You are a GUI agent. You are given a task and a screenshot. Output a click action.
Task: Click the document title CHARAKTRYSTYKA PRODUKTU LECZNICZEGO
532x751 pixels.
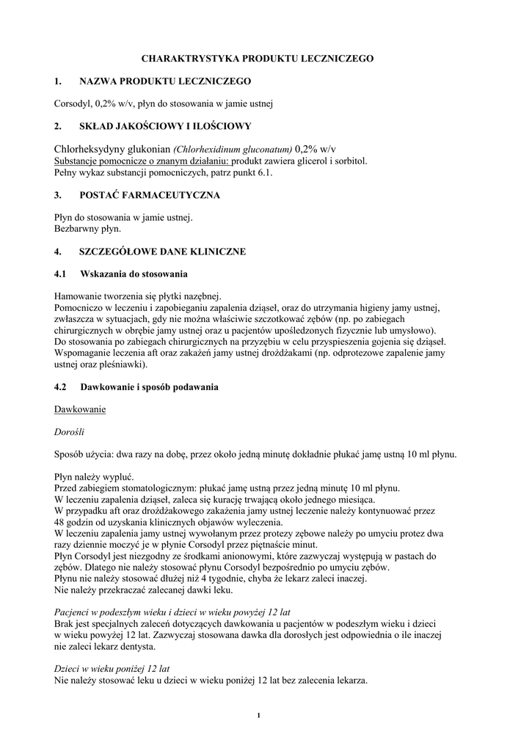coord(266,57)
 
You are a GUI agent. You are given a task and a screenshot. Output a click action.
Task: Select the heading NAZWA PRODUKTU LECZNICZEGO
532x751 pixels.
coord(165,81)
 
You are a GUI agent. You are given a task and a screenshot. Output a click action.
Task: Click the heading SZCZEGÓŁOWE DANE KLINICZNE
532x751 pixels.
coord(162,252)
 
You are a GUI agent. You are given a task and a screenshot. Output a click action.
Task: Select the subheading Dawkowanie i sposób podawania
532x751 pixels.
coord(149,387)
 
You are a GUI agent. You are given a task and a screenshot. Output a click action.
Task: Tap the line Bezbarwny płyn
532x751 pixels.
coord(88,229)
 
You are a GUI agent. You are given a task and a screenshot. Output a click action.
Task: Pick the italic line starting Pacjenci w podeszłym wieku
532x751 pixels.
coord(172,612)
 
